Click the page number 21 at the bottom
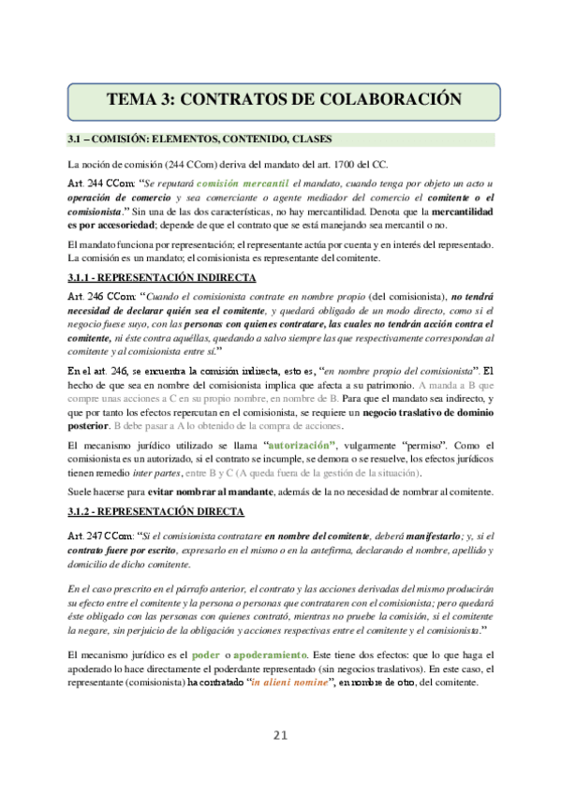279,735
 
